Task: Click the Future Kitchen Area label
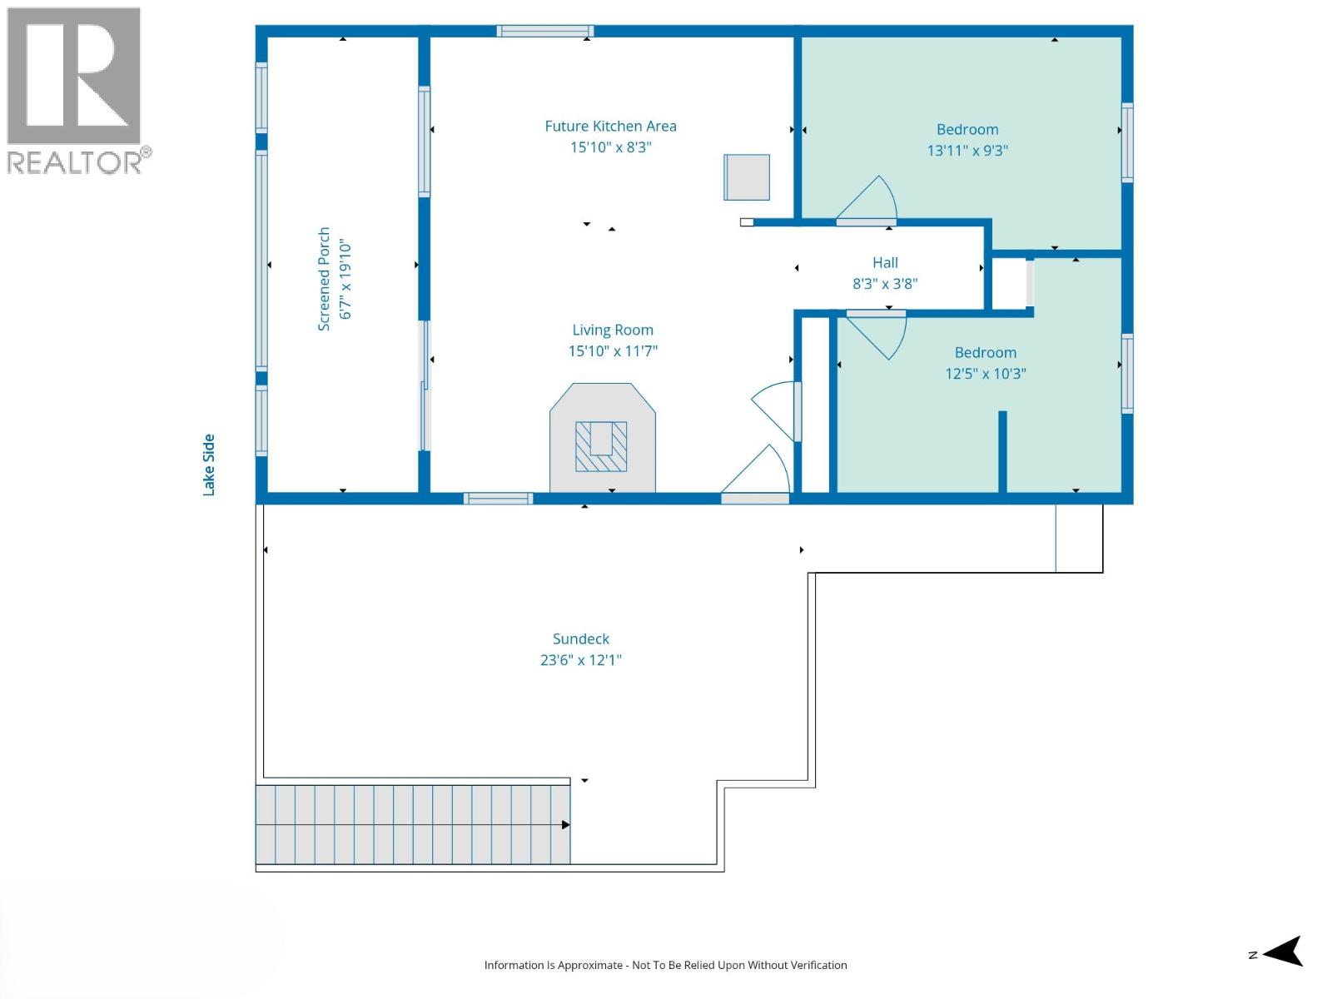[610, 127]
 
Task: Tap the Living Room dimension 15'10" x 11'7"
[613, 351]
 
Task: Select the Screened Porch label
[324, 279]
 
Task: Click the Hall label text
[885, 263]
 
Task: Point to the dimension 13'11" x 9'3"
[967, 151]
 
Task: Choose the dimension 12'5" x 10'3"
[985, 374]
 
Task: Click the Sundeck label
[580, 639]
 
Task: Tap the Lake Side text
[209, 465]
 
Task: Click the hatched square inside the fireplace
[601, 446]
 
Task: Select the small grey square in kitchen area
[746, 177]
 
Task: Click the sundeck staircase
[412, 824]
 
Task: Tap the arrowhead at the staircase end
[566, 825]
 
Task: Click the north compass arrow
[1284, 952]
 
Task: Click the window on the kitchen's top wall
[544, 32]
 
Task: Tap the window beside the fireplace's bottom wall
[498, 499]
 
